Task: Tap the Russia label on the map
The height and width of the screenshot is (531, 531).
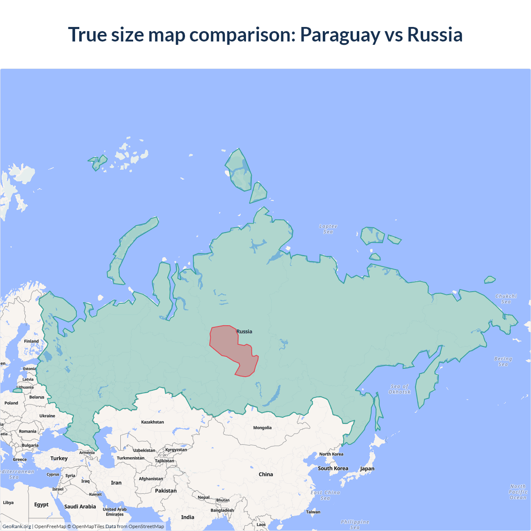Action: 244,331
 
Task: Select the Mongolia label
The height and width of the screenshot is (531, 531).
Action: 262,428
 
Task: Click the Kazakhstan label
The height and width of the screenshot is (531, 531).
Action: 152,422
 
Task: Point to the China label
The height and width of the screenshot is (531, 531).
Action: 266,474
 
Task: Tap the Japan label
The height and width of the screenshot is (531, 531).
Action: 367,469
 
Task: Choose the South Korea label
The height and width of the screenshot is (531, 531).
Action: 333,468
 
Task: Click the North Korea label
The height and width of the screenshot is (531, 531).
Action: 331,454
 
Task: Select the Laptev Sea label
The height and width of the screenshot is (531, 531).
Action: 328,229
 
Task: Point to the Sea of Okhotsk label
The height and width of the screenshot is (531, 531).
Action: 399,389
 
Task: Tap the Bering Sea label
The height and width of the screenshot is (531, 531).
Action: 503,361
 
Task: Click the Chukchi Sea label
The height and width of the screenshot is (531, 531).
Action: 506,299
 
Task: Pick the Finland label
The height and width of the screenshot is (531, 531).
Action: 31,341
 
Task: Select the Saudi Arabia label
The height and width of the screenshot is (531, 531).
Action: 80,507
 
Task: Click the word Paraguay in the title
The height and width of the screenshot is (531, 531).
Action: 340,34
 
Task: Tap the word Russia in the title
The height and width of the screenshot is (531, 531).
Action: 435,34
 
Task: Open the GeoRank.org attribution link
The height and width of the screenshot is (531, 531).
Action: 17,526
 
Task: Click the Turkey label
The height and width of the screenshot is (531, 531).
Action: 59,458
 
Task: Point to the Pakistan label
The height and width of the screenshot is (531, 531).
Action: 166,491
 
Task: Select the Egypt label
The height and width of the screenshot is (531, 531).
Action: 41,504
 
